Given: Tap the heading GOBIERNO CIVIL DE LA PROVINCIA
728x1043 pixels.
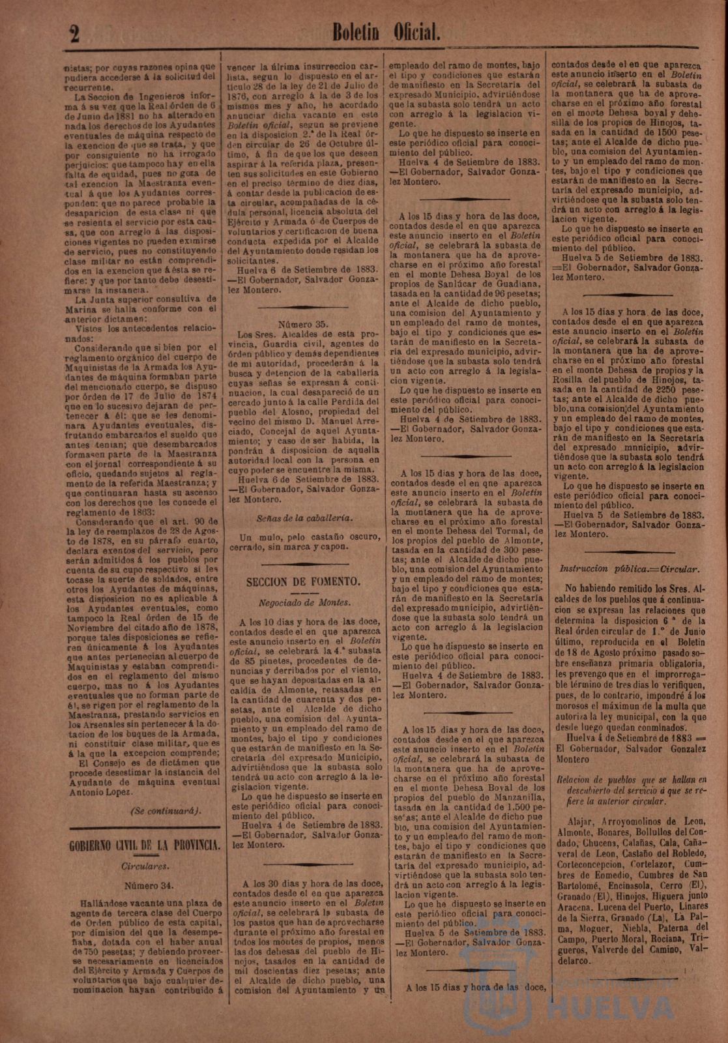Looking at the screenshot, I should [145, 846].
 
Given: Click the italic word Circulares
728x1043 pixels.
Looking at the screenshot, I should [145, 866].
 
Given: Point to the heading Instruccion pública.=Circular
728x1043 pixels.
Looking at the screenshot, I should [630, 568].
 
